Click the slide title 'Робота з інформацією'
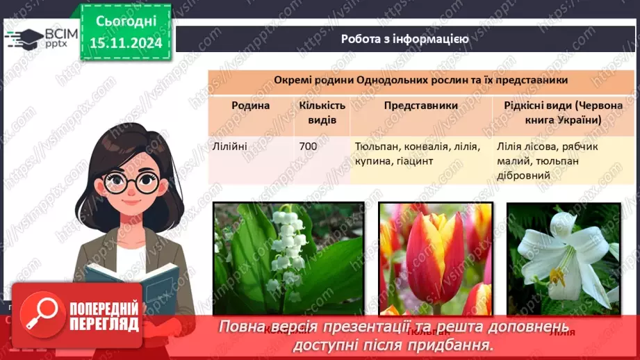pyautogui.click(x=404, y=39)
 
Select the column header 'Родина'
pyautogui.click(x=250, y=105)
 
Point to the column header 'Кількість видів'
pyautogui.click(x=322, y=113)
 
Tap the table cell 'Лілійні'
pyautogui.click(x=230, y=147)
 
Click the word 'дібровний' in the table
pyautogui.click(x=524, y=176)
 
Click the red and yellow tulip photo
pyautogui.click(x=435, y=259)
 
